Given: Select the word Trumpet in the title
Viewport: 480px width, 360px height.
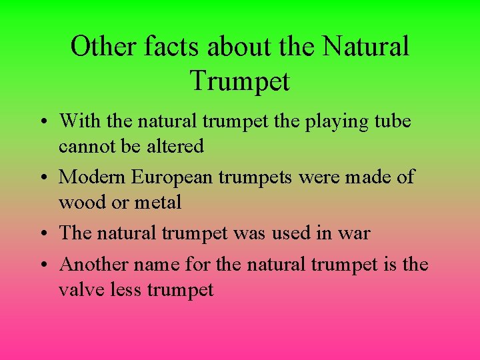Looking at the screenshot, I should tap(240, 81).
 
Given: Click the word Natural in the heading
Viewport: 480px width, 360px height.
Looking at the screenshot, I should tap(366, 47).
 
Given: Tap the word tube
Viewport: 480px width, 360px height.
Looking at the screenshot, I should tap(392, 121).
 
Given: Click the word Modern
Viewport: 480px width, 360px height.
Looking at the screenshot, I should tap(92, 177).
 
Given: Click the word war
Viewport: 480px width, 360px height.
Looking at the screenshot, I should tap(354, 233).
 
